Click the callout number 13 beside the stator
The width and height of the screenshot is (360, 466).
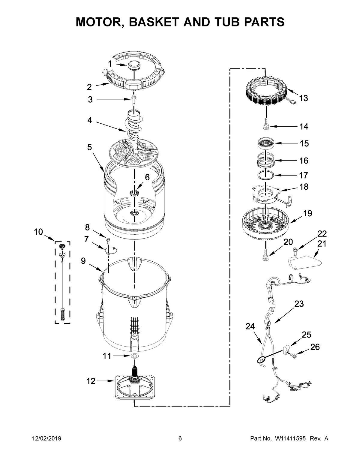(x=303, y=98)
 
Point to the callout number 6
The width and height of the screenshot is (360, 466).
(x=147, y=177)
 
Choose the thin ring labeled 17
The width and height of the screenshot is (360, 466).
(x=265, y=175)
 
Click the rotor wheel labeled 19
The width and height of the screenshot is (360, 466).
(x=266, y=226)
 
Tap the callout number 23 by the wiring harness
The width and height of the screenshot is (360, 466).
(x=299, y=304)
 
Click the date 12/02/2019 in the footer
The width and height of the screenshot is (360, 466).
(x=47, y=439)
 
